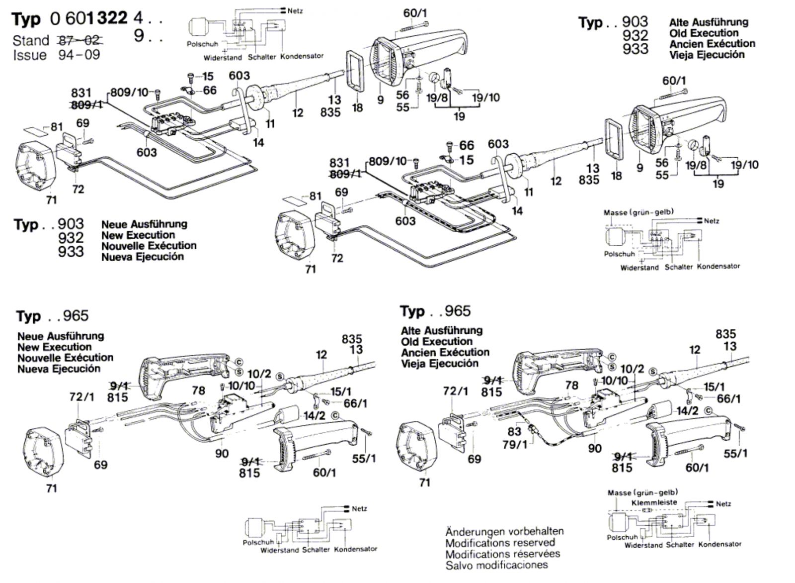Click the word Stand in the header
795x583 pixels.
31,40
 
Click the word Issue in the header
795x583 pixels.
30,55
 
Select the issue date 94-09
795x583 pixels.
79,55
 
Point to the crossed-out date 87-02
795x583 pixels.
80,40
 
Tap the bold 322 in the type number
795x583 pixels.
111,18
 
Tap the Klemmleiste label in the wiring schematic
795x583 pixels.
654,503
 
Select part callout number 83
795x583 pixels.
514,432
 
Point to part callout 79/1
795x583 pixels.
515,444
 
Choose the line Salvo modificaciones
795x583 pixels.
496,565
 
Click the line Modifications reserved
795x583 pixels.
500,543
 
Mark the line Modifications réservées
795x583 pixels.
503,554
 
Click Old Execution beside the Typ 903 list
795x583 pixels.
704,33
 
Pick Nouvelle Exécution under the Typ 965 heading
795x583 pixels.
65,358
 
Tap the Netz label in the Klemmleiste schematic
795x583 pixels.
723,504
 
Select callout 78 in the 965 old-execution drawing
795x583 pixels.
572,385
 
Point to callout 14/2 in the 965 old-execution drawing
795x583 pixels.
687,411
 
